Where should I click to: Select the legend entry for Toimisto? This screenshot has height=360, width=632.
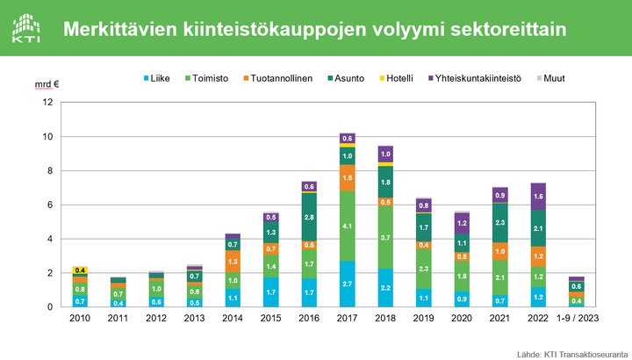coord(209,78)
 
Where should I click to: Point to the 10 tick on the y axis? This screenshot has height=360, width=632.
coord(47,137)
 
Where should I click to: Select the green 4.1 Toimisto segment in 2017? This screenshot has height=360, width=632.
coord(347,226)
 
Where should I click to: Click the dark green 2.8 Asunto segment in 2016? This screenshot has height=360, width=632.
coord(309,217)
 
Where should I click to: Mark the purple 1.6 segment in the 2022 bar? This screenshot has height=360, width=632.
coord(537,197)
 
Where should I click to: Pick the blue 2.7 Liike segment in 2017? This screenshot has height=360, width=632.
coord(347,284)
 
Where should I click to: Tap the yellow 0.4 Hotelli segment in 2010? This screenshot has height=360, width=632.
coord(80,270)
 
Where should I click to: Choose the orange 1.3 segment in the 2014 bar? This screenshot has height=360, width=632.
coord(233,262)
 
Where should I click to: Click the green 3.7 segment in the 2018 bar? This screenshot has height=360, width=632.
coord(384,238)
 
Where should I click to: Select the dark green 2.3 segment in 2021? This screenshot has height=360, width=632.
coord(499,223)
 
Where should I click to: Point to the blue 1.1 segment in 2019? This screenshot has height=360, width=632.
coord(423,298)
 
